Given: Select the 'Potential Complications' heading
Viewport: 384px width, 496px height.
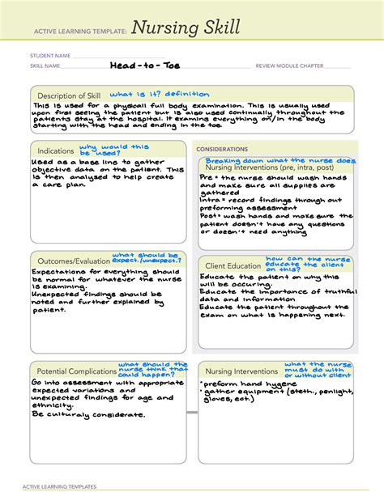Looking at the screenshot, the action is coord(75,370).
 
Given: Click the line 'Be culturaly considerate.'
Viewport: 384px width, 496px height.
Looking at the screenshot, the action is coord(88,414).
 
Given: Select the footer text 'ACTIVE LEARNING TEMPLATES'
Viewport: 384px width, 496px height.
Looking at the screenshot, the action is coord(60,487).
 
